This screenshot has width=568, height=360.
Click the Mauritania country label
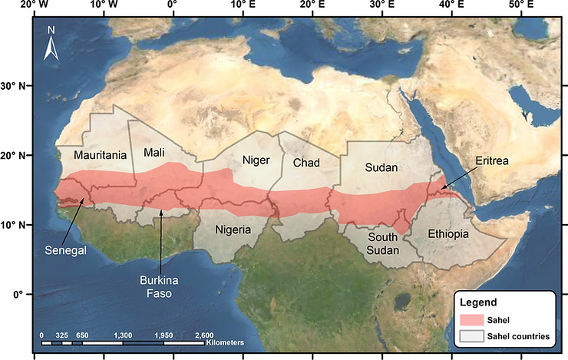tap(100, 155)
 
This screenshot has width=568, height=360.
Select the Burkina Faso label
tap(160, 286)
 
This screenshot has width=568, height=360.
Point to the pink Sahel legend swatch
tap(476, 319)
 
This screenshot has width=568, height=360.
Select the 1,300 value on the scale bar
tap(122, 335)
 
